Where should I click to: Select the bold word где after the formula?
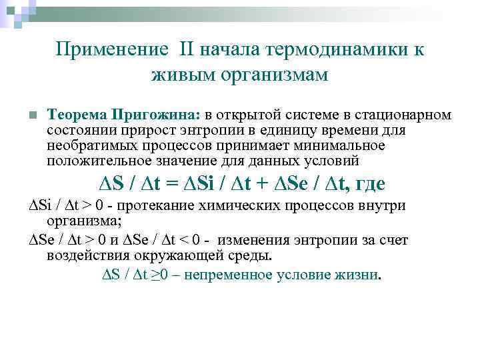[369, 184]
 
